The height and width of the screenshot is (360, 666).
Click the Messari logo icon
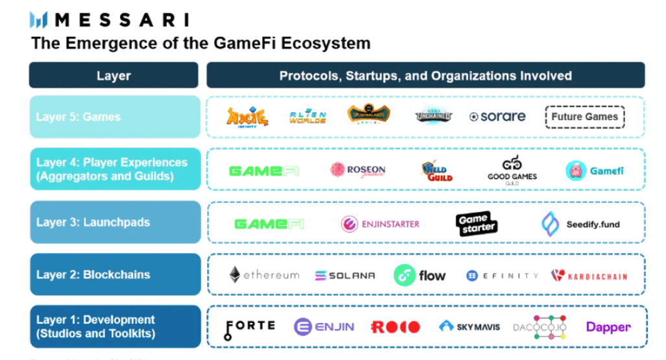40,19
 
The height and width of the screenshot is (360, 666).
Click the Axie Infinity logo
247,117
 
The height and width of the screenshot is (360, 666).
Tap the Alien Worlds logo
308,117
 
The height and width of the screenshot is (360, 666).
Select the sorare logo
497,117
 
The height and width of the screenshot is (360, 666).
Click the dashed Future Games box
584,117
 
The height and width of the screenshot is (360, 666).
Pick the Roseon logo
358,170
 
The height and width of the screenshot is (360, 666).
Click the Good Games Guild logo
512,170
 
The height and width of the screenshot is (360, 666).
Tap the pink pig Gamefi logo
595,171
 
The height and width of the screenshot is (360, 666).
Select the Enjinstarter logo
380,224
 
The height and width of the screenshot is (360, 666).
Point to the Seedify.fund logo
581,224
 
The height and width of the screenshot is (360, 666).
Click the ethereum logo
264,275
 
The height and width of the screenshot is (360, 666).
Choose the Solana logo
345,275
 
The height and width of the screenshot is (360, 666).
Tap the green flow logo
420,275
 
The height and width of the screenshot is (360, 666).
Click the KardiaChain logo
589,275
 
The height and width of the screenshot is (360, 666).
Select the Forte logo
250,328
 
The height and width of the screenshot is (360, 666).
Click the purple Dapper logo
608,327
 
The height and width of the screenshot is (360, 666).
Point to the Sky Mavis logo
469,327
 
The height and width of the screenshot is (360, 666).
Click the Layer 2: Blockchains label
93,274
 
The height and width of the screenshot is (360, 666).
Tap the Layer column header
114,75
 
